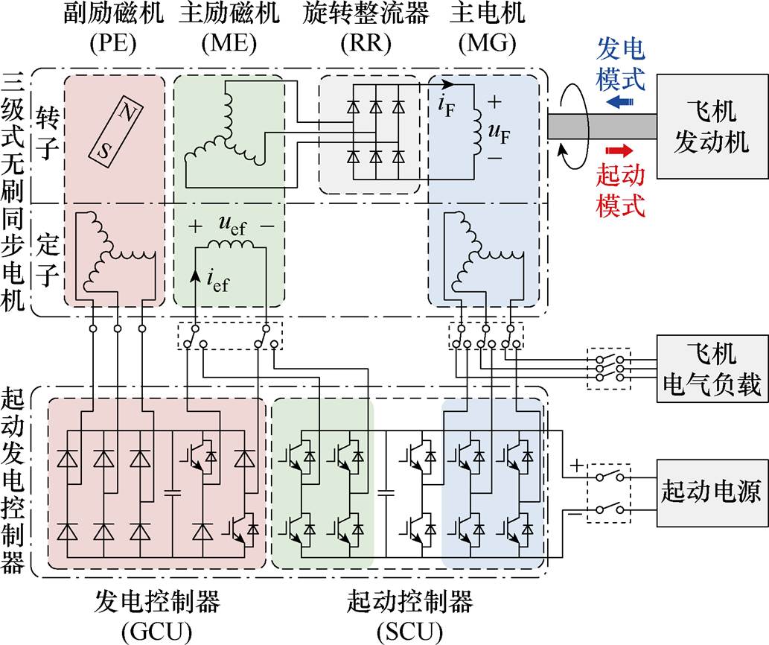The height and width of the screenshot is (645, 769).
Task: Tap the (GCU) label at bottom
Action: pos(157,632)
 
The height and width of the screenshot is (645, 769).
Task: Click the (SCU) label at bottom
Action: pos(409,632)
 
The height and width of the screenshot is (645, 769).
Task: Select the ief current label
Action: pos(216,282)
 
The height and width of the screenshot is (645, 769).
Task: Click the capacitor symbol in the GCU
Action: pos(173,492)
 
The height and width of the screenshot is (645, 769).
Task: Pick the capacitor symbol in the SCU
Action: pos(386,492)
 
